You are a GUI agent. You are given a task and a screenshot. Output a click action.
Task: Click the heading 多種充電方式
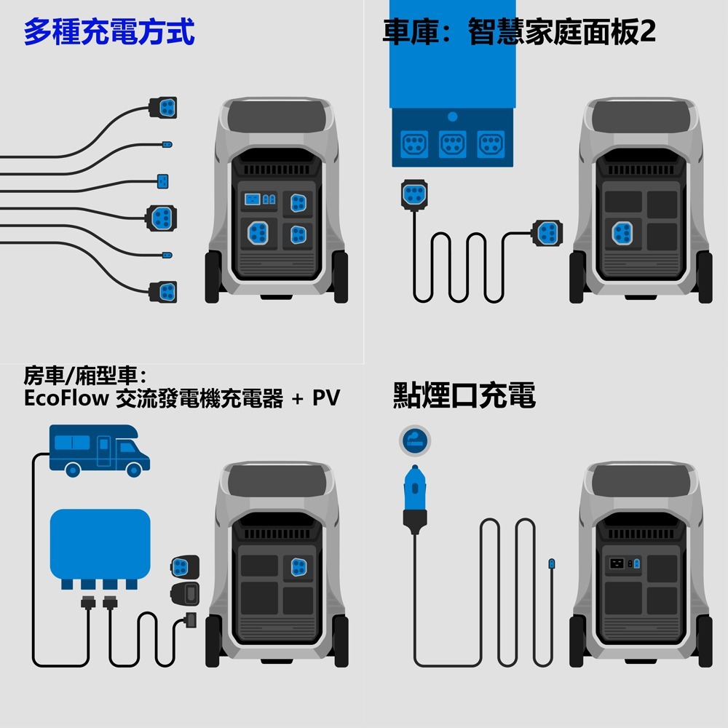click(x=109, y=33)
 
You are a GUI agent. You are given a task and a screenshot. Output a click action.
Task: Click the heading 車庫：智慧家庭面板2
click(x=518, y=33)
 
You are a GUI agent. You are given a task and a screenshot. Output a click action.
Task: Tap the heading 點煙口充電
click(x=464, y=396)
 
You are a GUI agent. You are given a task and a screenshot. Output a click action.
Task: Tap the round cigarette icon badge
click(x=414, y=440)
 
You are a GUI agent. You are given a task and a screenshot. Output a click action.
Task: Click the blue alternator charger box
click(x=100, y=546)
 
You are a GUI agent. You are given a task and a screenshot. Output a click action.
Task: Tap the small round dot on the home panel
click(x=452, y=116)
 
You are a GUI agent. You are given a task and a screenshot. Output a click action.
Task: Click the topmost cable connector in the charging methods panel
click(x=164, y=107)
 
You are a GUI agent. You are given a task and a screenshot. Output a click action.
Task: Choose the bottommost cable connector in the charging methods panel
click(x=164, y=291)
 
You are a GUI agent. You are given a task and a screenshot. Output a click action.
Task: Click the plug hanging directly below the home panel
click(x=414, y=195)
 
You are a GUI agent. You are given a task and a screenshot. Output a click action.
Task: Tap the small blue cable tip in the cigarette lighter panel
click(x=551, y=563)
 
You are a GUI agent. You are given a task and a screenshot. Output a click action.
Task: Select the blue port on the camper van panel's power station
click(x=298, y=566)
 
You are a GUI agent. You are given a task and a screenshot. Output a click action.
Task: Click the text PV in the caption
click(x=326, y=399)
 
